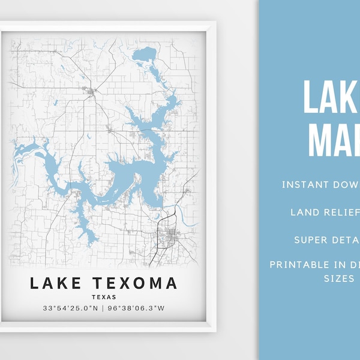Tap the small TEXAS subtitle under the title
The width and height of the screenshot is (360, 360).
pos(104,297)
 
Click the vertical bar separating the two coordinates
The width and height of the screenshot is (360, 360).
pos(104,309)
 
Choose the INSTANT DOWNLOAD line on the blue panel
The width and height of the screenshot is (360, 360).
pos(321,184)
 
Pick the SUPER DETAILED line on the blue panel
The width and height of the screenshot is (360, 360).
pos(327,239)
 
